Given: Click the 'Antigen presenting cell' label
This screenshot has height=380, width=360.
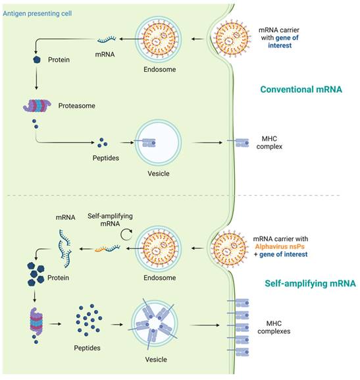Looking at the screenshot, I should (x=38, y=14).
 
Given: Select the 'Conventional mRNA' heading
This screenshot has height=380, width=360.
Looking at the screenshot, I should (x=301, y=90).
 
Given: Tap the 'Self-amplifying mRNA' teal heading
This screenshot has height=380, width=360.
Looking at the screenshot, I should (x=311, y=284).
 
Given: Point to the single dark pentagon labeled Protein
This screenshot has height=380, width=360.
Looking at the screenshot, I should (x=37, y=59).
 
